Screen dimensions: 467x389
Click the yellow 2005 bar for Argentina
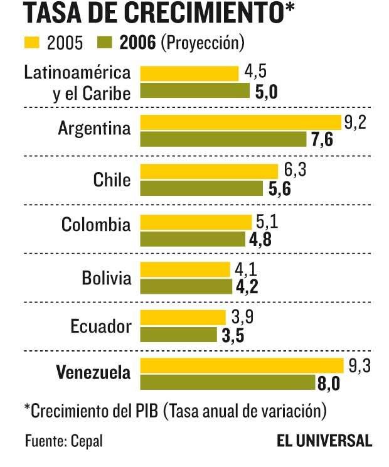(x=241, y=122)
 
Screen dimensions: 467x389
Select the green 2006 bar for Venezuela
(x=228, y=382)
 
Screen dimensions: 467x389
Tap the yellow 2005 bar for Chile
(x=209, y=171)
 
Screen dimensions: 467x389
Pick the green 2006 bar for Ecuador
(x=179, y=334)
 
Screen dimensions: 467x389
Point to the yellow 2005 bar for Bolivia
(x=186, y=269)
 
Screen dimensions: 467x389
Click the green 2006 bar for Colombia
(x=193, y=239)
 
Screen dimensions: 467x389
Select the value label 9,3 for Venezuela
(x=358, y=365)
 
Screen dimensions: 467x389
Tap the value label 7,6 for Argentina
(x=322, y=139)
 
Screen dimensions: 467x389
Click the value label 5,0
(x=267, y=92)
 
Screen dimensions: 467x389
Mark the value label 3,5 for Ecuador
(x=233, y=335)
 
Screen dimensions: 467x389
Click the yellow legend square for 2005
(x=31, y=43)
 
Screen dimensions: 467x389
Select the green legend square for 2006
(x=104, y=43)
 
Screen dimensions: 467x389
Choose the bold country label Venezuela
(x=94, y=373)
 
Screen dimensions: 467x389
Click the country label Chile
(x=112, y=180)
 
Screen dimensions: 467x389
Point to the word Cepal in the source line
(x=86, y=441)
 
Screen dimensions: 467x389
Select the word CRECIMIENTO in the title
(x=205, y=13)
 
